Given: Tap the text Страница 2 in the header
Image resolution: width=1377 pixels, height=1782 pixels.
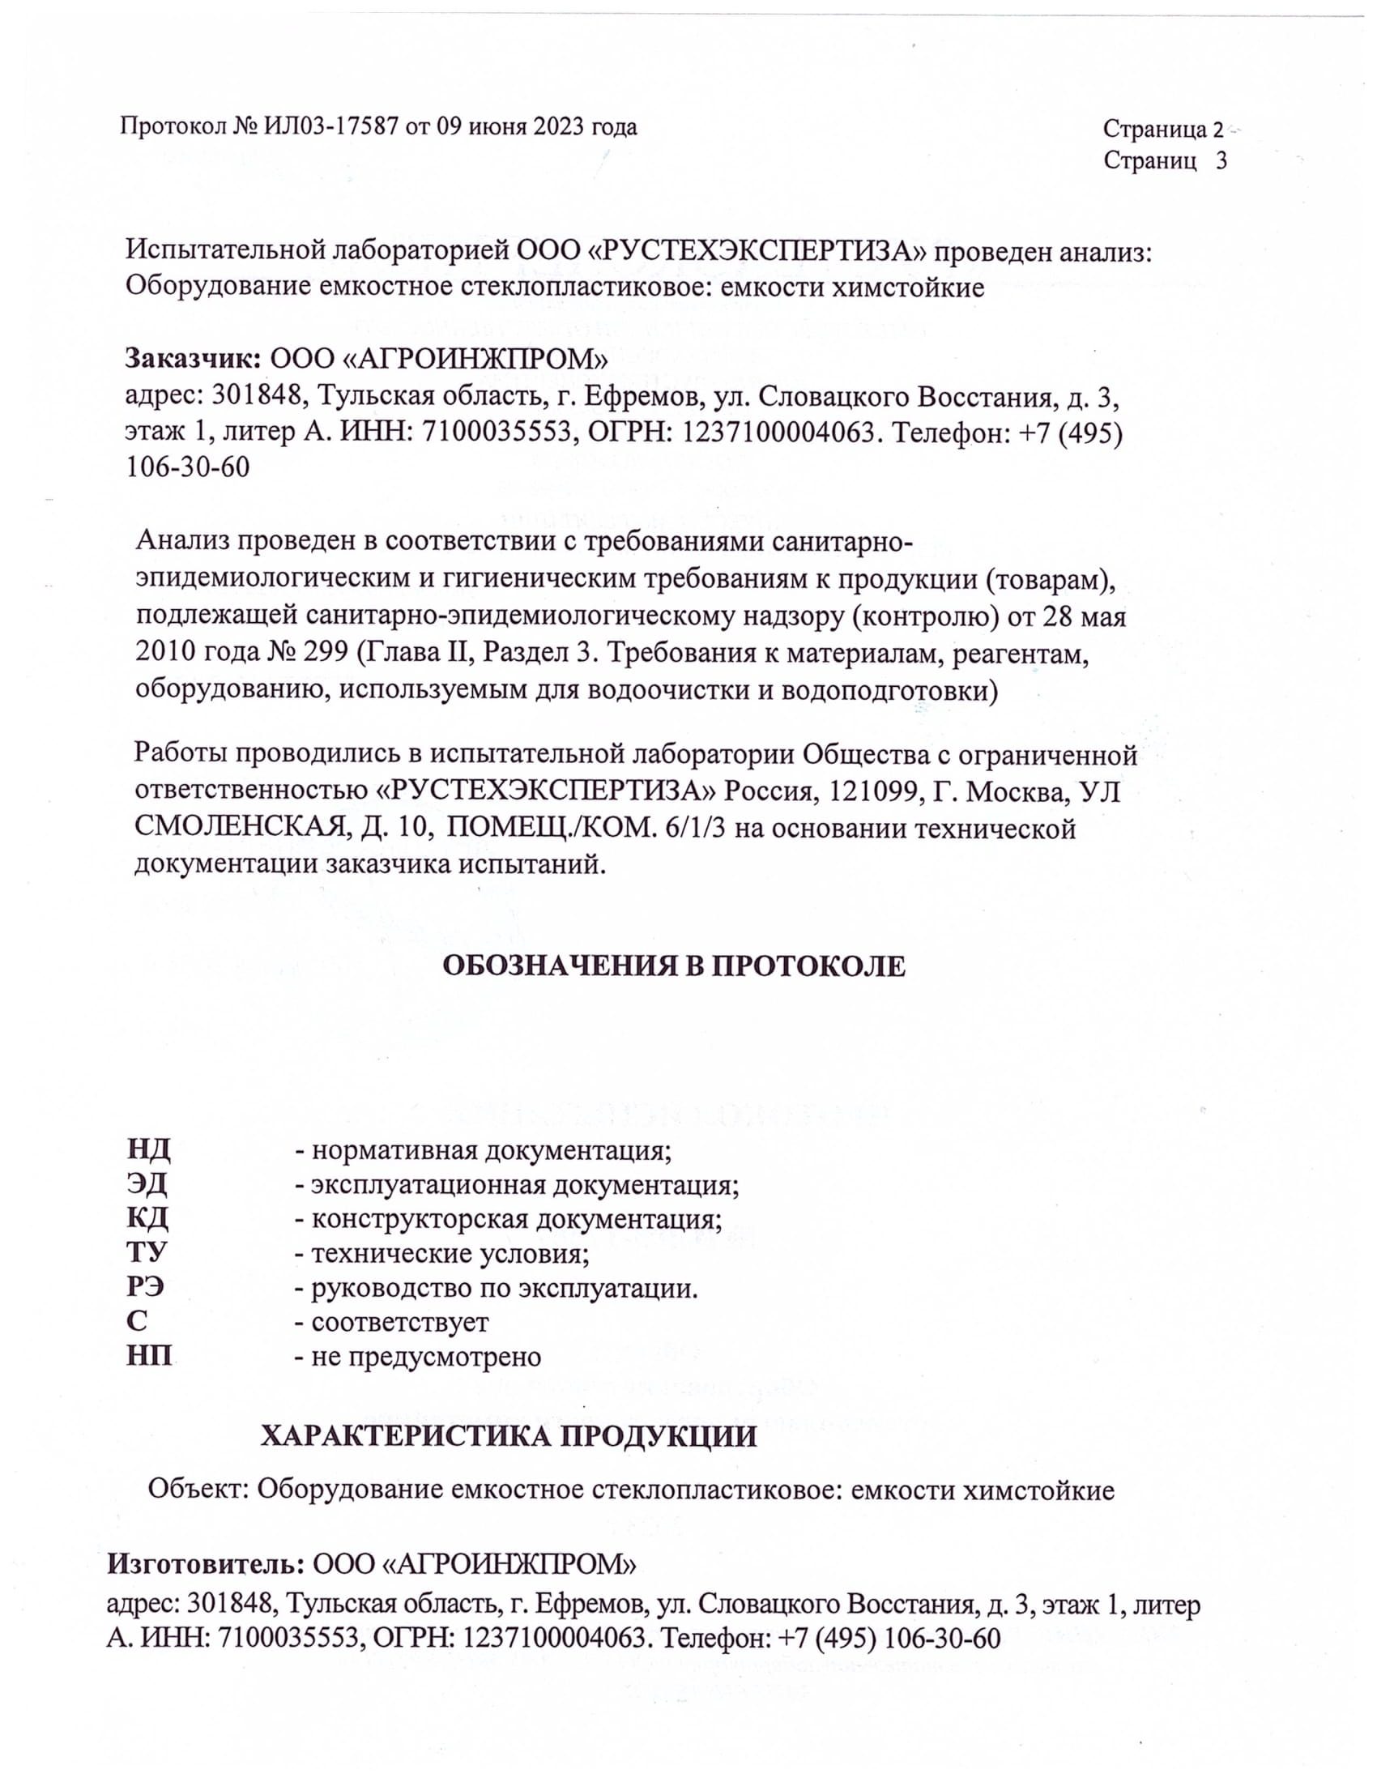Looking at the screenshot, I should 1163,129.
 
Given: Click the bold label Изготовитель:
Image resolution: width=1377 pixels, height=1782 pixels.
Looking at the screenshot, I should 207,1563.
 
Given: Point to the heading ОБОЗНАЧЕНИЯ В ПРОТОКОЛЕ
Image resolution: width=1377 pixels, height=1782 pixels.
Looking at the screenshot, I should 674,966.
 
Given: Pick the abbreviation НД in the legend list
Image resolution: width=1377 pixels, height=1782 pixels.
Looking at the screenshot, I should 148,1150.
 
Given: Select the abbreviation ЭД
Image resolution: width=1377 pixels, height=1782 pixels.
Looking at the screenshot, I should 147,1185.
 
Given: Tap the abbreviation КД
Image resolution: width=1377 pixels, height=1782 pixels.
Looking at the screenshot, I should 147,1219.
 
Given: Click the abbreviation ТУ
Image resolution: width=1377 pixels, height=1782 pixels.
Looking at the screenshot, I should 147,1253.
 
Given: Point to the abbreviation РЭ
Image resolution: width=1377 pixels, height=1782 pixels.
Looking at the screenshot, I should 146,1288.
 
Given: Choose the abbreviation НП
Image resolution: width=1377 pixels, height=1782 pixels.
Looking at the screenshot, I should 149,1356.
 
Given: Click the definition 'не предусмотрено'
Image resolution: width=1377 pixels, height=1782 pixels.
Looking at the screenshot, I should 425,1356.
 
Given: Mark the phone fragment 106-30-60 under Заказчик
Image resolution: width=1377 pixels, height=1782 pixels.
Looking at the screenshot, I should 188,467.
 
